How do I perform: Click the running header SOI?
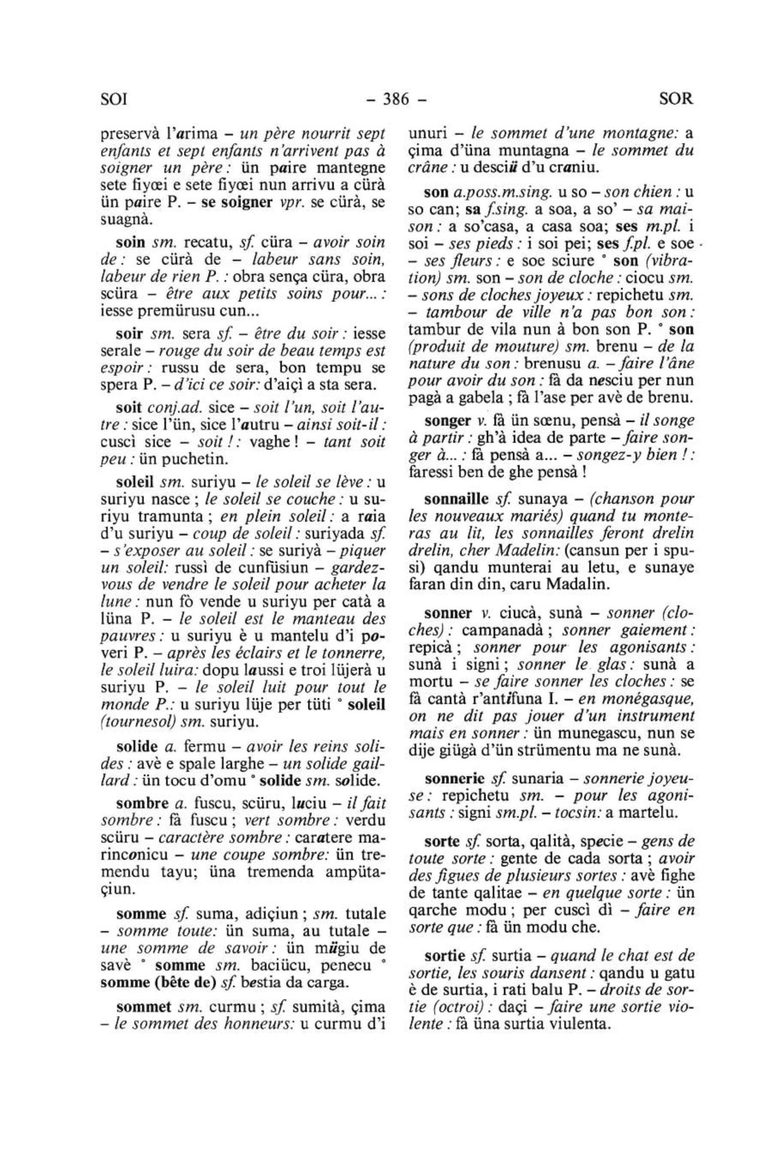pyautogui.click(x=114, y=99)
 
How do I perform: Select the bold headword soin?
pyautogui.click(x=131, y=242)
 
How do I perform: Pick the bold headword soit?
pyautogui.click(x=130, y=407)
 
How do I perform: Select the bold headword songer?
pyautogui.click(x=448, y=421)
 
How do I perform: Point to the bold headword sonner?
pyautogui.click(x=448, y=614)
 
